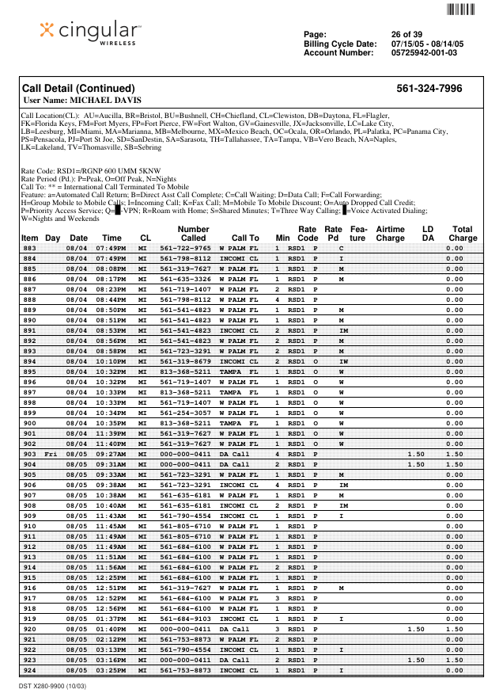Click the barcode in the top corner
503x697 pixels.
tap(461, 10)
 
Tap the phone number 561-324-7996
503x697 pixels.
tap(429, 89)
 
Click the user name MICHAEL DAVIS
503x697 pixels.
tap(83, 101)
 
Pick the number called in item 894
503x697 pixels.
tap(185, 361)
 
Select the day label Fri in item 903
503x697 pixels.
tap(52, 454)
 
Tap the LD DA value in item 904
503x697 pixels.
tap(415, 464)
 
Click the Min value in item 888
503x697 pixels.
tap(278, 299)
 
